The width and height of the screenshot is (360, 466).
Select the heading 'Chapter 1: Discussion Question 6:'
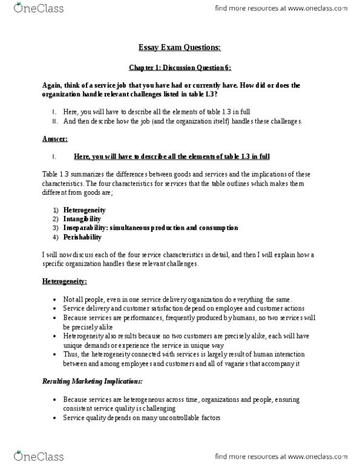(x=180, y=69)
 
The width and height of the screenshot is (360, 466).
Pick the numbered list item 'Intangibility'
(x=85, y=219)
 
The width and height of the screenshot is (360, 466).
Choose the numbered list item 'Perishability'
(x=85, y=237)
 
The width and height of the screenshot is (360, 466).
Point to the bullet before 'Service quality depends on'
(x=56, y=418)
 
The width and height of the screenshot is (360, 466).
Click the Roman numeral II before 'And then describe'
(x=55, y=121)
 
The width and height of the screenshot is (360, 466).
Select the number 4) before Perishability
(x=55, y=237)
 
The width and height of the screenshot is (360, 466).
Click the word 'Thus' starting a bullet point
(x=72, y=354)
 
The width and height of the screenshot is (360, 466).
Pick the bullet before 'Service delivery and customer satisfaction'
(x=56, y=310)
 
